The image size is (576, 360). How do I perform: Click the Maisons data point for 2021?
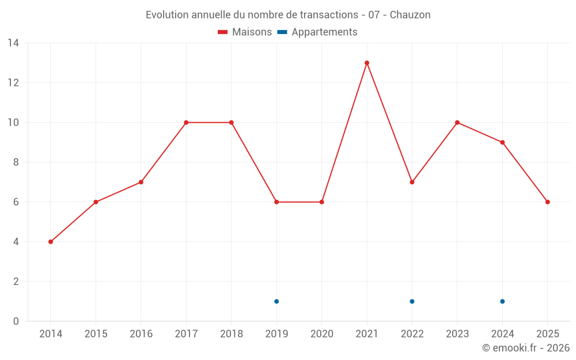point(367,63)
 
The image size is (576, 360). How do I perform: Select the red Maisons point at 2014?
point(51,242)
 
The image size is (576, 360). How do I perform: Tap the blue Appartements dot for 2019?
point(276,301)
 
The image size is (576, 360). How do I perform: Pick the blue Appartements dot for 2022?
point(412,301)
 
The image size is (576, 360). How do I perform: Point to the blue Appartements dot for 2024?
point(502,301)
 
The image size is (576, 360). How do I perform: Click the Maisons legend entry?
point(245,32)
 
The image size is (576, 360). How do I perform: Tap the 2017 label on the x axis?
point(186,334)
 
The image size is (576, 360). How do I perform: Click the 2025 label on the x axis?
point(547,334)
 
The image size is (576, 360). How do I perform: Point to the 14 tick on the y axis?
point(13,43)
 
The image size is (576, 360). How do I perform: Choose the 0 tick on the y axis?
point(16,321)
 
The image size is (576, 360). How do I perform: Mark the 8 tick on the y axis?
point(16,162)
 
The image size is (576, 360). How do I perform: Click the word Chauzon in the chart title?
point(410,15)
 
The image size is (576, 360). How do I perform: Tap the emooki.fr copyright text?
point(526,348)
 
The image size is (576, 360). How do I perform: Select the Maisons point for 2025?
point(548,202)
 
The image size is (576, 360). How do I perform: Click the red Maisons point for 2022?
point(412,182)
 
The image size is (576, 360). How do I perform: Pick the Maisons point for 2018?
point(232,123)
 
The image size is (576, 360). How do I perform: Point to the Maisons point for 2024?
point(502,142)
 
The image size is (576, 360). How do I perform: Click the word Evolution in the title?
point(167,15)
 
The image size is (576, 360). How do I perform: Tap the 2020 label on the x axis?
point(321,334)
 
